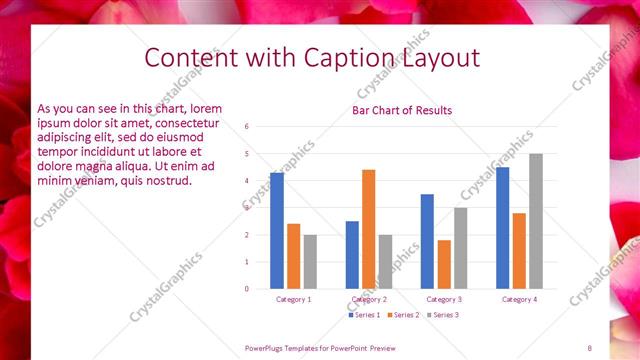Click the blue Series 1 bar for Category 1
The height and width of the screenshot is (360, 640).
(x=277, y=231)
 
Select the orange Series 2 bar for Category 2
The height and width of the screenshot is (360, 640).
(x=369, y=229)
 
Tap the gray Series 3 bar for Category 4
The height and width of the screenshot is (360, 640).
(x=536, y=221)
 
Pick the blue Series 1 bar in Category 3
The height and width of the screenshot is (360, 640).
(x=427, y=241)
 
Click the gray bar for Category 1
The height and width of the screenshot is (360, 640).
(x=310, y=262)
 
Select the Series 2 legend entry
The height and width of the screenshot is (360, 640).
(x=402, y=315)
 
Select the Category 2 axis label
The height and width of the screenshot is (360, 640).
(x=369, y=299)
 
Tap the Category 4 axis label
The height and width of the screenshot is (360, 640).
(x=519, y=299)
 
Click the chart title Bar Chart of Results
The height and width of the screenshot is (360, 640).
(x=402, y=110)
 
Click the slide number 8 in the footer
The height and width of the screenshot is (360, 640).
(x=590, y=347)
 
